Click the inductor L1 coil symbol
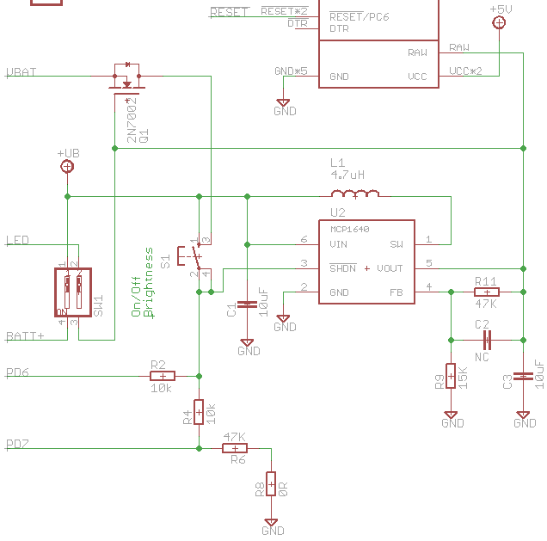point(355,194)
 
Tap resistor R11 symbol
point(486,292)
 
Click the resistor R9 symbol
point(451,376)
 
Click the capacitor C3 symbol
point(524,376)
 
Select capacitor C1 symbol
point(248,304)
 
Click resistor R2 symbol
point(163,375)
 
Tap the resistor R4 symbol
point(199,412)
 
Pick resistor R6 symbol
point(235,448)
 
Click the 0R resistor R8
point(271,484)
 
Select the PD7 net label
point(17,444)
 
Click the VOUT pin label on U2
point(390,268)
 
